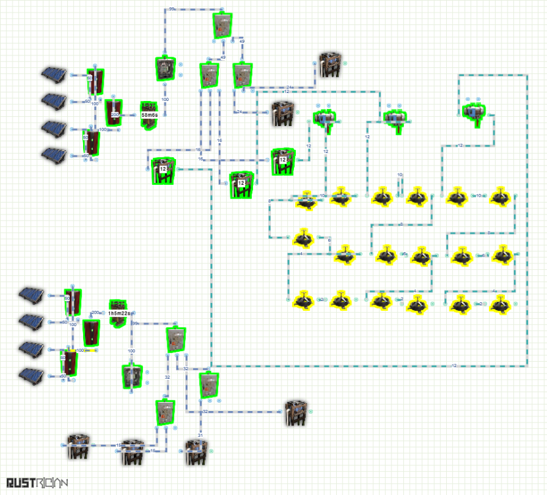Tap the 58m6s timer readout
150,114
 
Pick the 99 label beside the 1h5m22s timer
136,323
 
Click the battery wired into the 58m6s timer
114,114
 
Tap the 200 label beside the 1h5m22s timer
95,313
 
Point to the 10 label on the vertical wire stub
399,175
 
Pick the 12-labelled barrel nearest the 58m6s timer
163,171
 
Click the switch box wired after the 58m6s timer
163,69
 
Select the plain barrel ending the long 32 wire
296,412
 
